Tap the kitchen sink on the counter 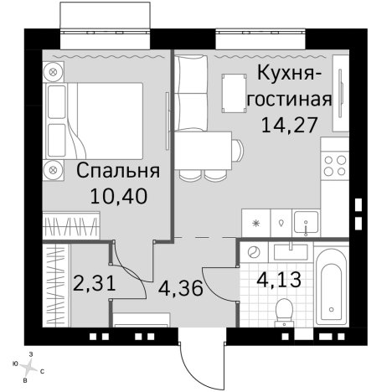[x=307, y=223]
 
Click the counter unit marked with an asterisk [x=255, y=223]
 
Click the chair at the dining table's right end [x=237, y=151]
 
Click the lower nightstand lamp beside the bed [x=53, y=170]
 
